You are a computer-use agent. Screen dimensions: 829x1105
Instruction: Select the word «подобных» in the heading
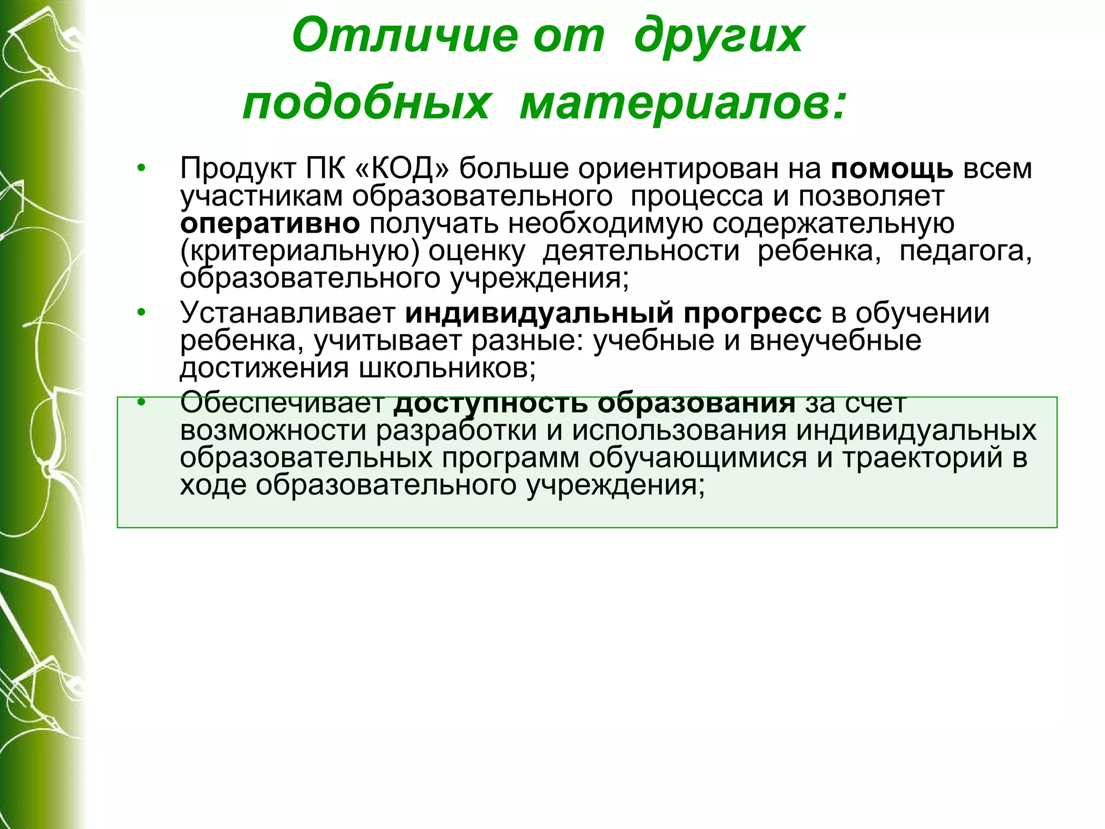coord(367,104)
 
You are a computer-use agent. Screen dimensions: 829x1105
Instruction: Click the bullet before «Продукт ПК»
coord(141,168)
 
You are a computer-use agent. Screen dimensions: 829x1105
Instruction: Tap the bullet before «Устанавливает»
coord(141,312)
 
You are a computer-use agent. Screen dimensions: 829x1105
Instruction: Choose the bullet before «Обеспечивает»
coord(141,402)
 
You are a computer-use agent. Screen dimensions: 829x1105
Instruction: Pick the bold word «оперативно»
coord(270,224)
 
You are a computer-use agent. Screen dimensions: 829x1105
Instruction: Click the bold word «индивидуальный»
coord(539,314)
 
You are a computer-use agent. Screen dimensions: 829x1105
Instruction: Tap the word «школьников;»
coord(447,368)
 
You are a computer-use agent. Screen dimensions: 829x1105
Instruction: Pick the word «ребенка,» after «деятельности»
coord(819,251)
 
